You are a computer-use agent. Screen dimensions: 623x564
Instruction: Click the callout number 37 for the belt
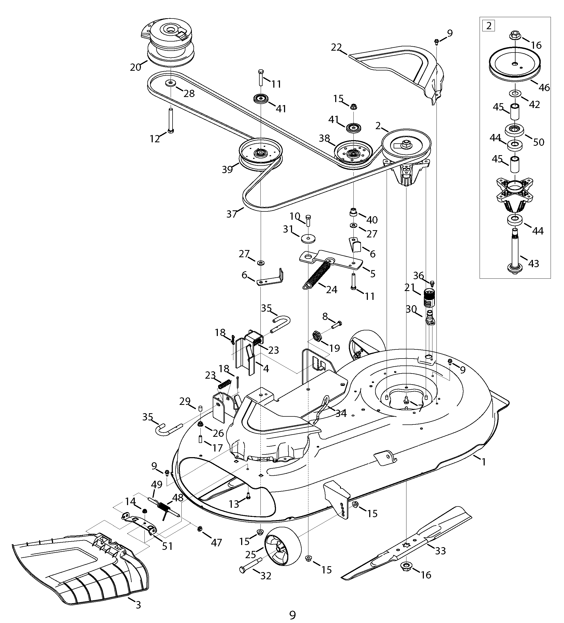(231, 214)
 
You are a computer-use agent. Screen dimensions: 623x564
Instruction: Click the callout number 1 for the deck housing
(484, 470)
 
